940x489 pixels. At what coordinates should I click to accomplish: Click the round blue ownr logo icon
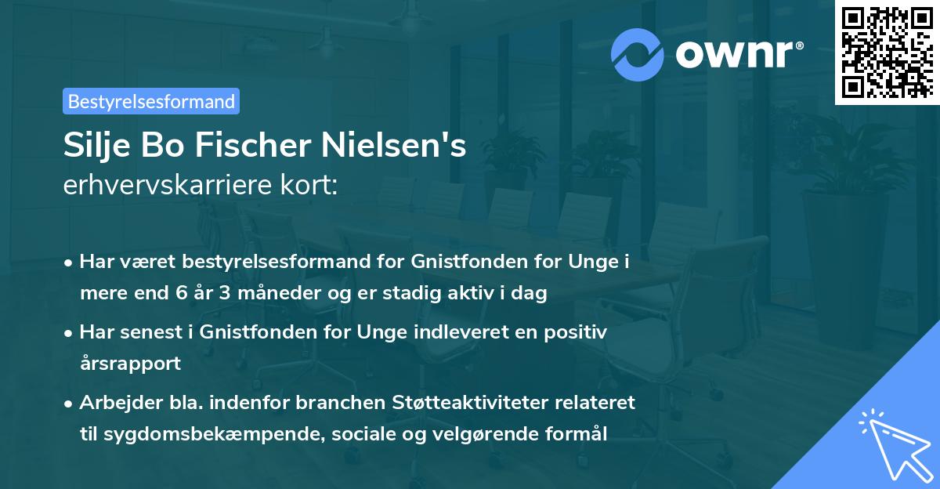(638, 54)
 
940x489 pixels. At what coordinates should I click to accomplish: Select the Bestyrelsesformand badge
(151, 101)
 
